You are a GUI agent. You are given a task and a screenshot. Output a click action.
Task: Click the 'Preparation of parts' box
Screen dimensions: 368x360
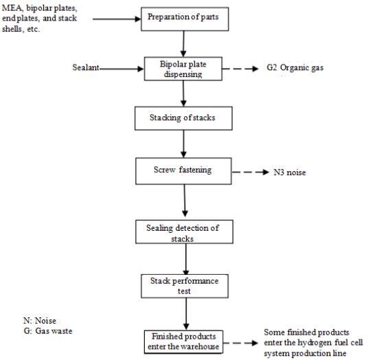coord(185,19)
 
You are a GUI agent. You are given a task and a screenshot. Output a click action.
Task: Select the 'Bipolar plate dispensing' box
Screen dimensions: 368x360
coord(183,69)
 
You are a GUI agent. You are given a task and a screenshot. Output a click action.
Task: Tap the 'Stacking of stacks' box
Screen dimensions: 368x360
coord(183,118)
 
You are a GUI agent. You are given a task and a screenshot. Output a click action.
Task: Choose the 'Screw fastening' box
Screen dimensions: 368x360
coord(183,171)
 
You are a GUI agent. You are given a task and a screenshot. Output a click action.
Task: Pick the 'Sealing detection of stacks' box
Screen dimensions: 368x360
coord(184,232)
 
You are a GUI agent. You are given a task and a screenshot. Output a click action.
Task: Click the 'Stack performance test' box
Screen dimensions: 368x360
coord(185,286)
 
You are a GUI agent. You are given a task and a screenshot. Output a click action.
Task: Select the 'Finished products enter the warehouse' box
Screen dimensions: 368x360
coord(183,341)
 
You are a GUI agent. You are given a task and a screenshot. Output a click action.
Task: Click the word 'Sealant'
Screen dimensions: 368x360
coord(86,67)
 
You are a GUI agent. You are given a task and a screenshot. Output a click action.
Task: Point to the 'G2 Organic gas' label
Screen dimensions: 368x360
coord(295,67)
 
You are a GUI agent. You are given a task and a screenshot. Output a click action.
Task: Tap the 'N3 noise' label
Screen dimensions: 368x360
coord(290,172)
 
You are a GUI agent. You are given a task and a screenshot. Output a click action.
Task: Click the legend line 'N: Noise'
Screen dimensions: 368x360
coord(40,321)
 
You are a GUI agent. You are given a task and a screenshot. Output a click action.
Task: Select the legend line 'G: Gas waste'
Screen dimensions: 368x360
coord(48,331)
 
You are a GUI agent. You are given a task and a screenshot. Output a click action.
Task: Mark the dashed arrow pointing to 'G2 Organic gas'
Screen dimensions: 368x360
coord(240,69)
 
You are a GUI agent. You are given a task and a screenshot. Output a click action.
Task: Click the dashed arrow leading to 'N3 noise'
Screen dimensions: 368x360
coord(251,172)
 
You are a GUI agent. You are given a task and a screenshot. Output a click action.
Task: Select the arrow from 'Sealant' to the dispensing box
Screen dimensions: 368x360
coord(122,69)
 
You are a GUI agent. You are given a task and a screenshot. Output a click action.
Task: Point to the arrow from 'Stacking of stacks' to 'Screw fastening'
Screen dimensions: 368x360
coord(183,144)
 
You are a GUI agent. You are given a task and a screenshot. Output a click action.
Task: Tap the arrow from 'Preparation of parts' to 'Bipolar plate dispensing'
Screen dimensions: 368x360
coord(183,44)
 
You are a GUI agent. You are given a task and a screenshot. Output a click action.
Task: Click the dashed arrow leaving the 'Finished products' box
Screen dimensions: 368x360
coord(240,343)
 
